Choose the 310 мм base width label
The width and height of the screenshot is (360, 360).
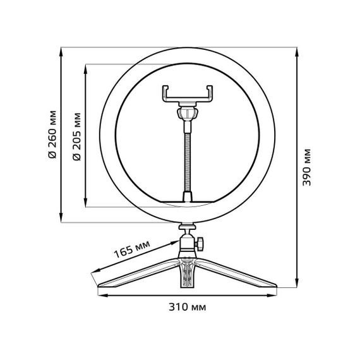pos(188,308)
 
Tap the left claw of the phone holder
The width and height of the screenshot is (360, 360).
pos(165,93)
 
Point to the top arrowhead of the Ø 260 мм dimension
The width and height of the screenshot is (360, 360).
pos(61,50)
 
